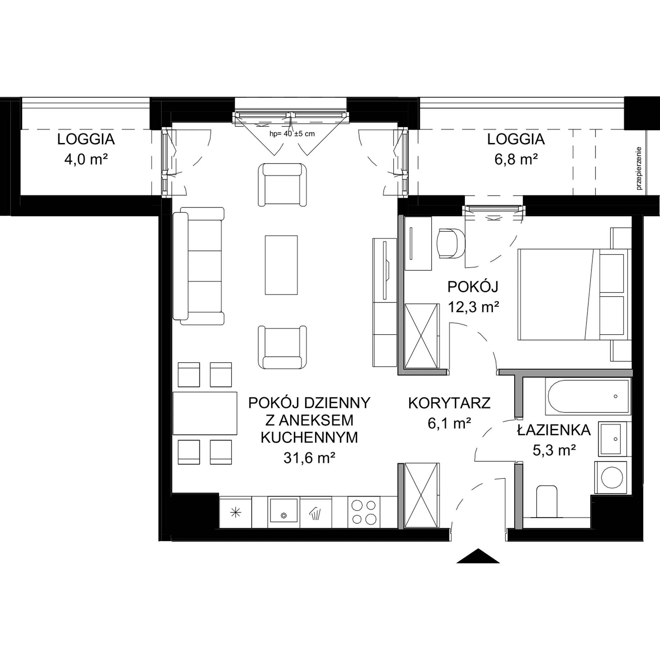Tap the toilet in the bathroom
[x=547, y=503]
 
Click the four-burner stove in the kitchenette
[x=364, y=512]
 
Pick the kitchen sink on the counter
[x=283, y=510]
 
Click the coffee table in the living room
[x=281, y=265]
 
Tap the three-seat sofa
[x=198, y=266]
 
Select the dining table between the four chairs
[x=205, y=413]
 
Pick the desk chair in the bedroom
[x=451, y=243]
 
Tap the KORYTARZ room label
[x=449, y=404]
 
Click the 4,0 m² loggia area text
[x=86, y=159]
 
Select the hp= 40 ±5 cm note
[x=292, y=134]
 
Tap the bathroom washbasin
[x=611, y=439]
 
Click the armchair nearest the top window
[x=282, y=185]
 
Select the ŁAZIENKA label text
[x=554, y=430]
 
